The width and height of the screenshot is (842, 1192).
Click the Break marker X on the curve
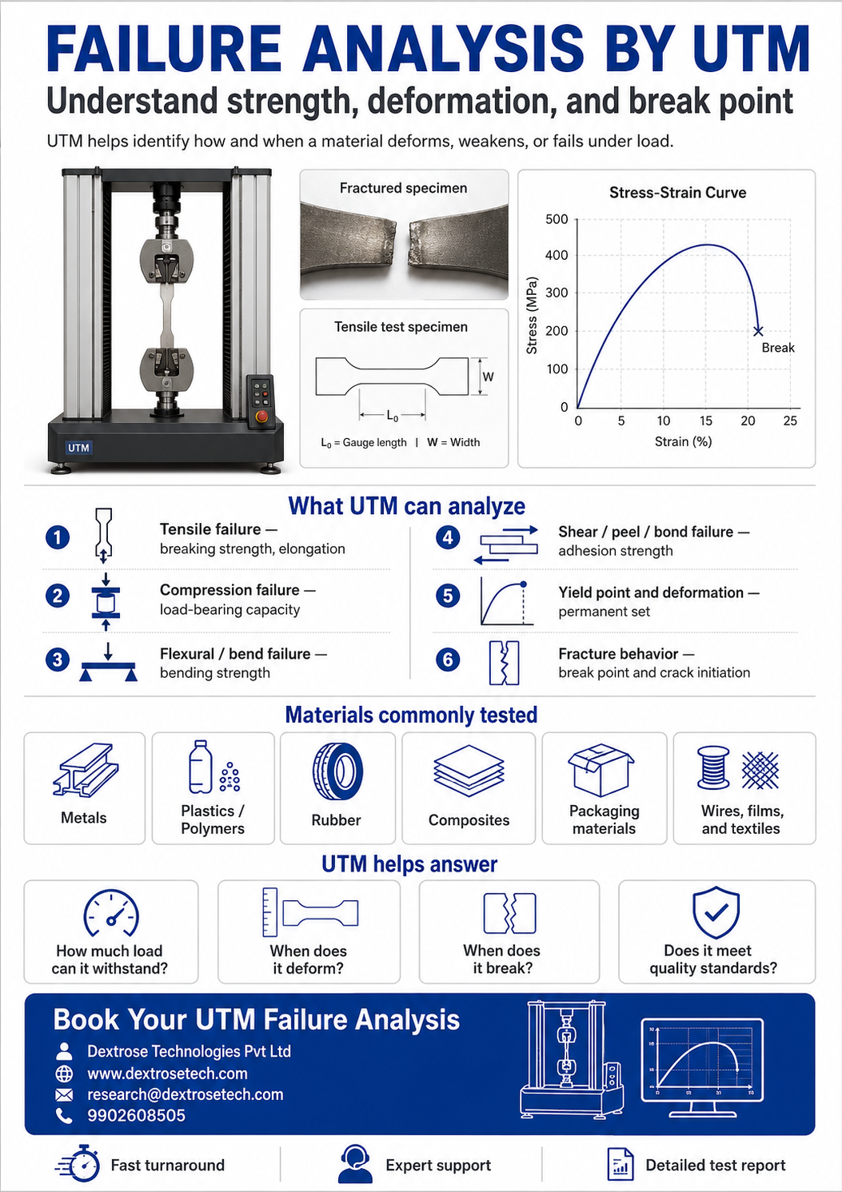click(758, 331)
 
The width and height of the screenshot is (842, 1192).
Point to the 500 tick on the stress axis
click(557, 219)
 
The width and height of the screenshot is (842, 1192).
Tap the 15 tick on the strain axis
click(706, 421)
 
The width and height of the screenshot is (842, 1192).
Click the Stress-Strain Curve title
click(677, 193)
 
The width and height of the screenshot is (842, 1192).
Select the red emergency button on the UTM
click(261, 417)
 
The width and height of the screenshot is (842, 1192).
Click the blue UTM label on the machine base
click(79, 448)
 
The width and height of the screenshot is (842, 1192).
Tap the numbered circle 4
click(448, 537)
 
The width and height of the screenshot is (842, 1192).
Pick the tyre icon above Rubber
click(337, 771)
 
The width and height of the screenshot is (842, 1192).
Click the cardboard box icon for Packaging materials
click(601, 769)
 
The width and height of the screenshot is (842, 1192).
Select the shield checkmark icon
click(716, 912)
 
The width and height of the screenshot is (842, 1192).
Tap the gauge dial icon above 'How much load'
click(110, 913)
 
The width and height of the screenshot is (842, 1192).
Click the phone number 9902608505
click(136, 1114)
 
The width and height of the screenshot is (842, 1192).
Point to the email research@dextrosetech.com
click(186, 1094)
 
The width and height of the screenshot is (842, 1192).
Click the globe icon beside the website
click(65, 1074)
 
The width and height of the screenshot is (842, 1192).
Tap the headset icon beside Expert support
click(355, 1164)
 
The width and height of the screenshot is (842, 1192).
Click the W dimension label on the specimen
click(488, 377)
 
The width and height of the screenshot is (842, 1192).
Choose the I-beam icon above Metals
click(85, 770)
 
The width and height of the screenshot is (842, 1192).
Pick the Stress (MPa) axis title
click(532, 315)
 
